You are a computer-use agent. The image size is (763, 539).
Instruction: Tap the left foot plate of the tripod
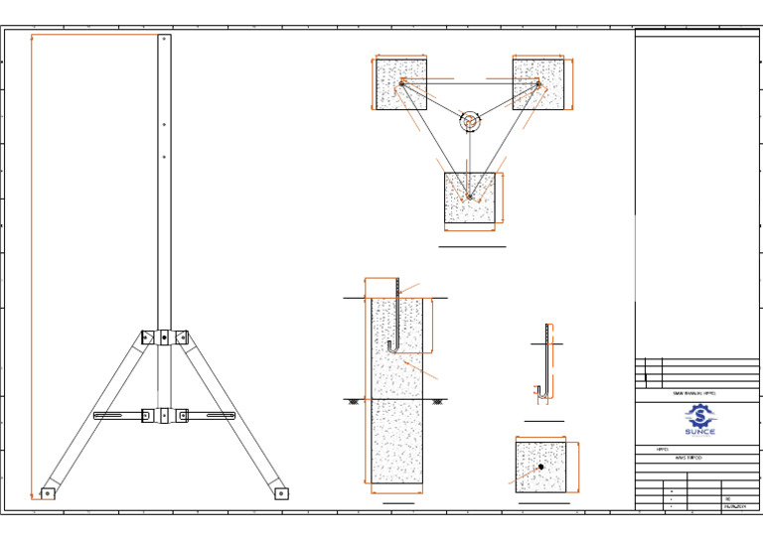pos(47,492)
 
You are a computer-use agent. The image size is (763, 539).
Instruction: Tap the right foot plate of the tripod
pos(280,492)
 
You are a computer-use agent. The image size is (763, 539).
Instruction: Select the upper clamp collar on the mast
pos(164,337)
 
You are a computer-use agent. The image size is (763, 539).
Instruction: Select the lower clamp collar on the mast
pos(164,415)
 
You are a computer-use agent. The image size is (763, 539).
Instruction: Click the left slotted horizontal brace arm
pos(117,415)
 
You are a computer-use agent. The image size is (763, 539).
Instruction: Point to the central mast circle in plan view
pos(470,122)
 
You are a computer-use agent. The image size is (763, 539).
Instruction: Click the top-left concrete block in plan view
pos(401,83)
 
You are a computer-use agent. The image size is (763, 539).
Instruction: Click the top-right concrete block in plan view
pos(538,83)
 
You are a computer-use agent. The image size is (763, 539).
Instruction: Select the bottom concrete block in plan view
pos(470,198)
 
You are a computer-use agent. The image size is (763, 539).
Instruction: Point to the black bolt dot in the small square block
pos(540,467)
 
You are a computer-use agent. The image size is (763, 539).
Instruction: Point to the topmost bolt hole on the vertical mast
pos(164,41)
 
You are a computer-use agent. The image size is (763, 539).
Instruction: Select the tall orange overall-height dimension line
pos(32,263)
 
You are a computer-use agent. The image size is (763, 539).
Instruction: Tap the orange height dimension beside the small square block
pos(577,467)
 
